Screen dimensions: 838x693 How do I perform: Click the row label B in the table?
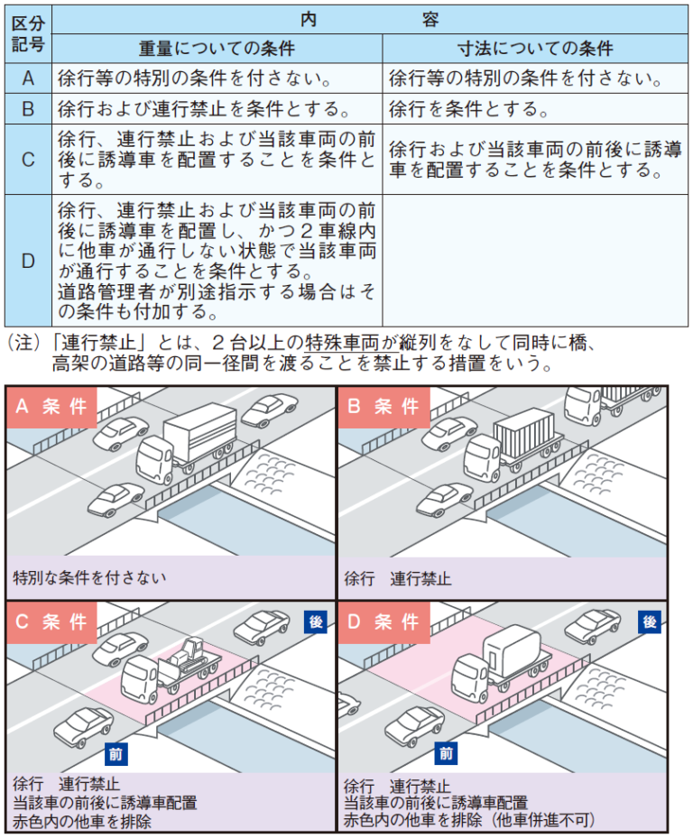tap(28, 110)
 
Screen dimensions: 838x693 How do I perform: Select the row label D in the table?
tap(28, 261)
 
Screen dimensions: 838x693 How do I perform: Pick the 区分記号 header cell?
tap(28, 33)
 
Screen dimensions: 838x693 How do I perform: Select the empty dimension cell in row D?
tap(535, 261)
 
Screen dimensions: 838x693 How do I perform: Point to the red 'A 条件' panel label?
tap(51, 407)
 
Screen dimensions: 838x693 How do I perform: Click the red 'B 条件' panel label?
tap(383, 407)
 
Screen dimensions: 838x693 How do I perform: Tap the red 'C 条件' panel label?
tap(51, 622)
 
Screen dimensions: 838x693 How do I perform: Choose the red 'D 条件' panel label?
tap(383, 622)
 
